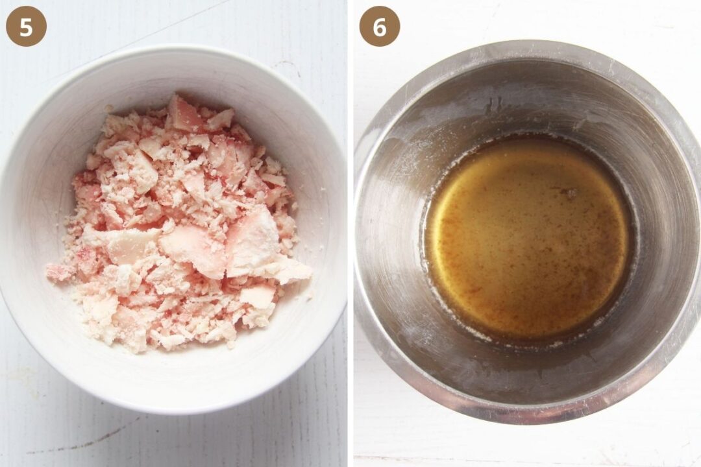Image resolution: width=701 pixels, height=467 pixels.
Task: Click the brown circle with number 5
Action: pyautogui.click(x=26, y=27)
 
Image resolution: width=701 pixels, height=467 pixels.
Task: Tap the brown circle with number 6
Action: pyautogui.click(x=380, y=27)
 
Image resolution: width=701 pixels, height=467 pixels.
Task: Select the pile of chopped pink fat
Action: pyautogui.click(x=179, y=223)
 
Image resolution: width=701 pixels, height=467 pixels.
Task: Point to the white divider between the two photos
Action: pyautogui.click(x=350, y=233)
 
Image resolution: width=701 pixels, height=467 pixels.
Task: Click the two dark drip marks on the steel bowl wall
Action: pyautogui.click(x=493, y=104)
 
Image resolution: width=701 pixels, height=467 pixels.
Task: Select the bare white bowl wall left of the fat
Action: pyautogui.click(x=45, y=187)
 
